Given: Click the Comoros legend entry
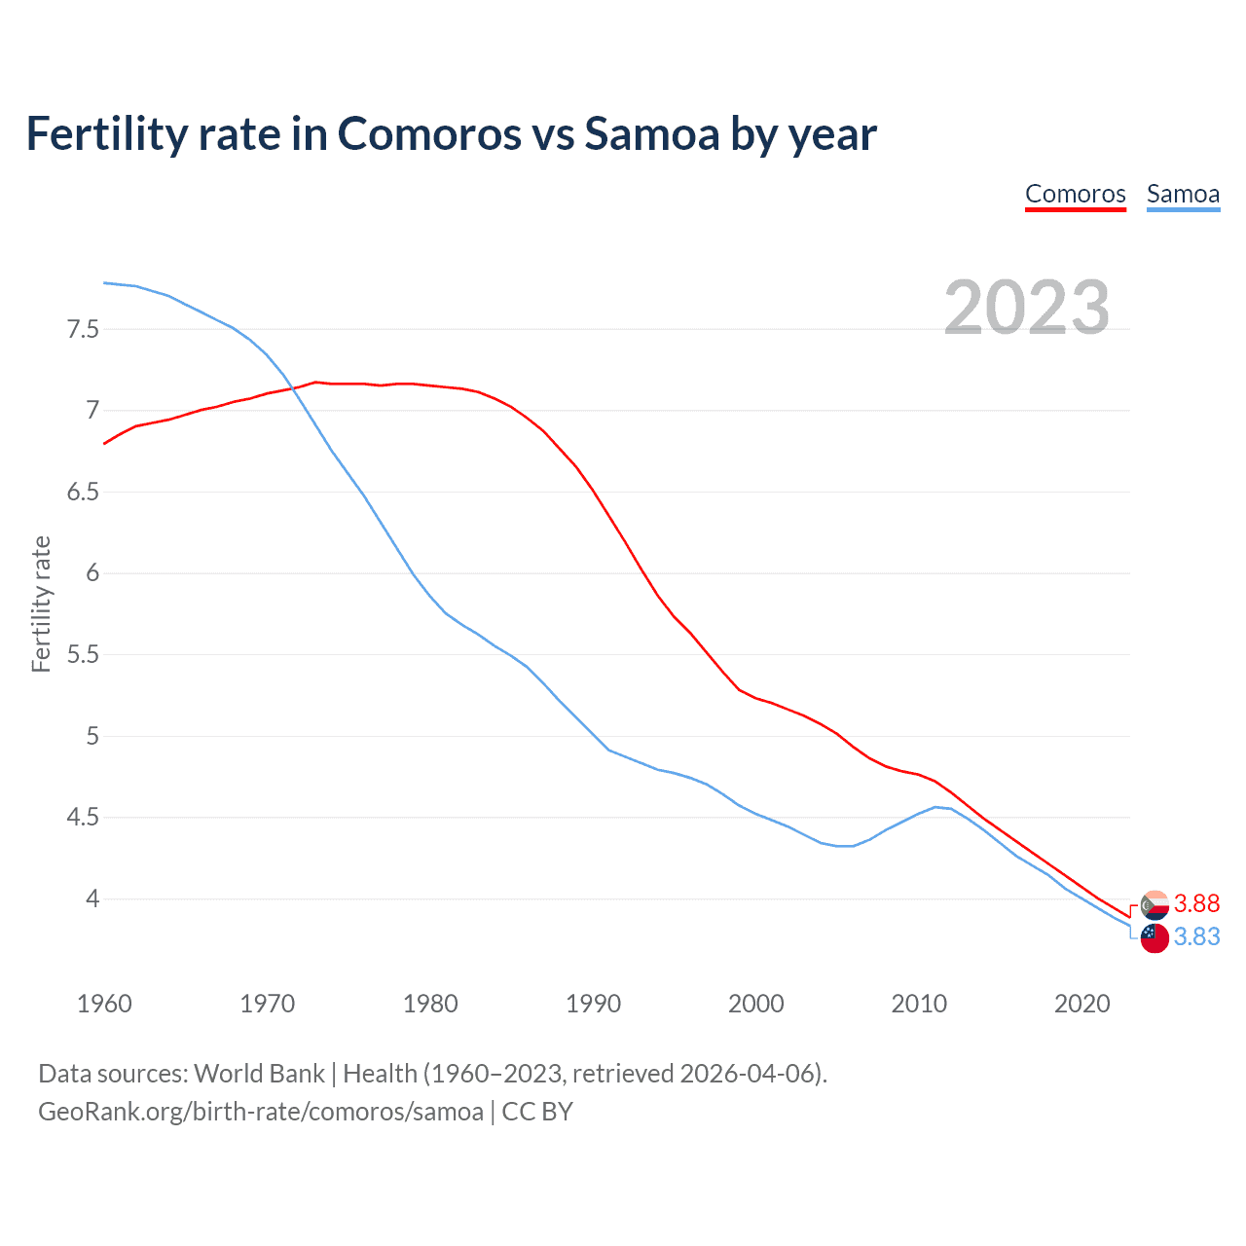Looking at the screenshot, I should click(x=1075, y=194).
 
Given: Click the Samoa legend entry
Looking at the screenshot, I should click(x=1183, y=194).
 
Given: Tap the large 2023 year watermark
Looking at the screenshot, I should click(x=1027, y=308).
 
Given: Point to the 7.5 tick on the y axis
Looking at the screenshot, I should click(x=83, y=329).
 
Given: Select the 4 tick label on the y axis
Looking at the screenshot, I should click(x=92, y=898).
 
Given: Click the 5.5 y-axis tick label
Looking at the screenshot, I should click(x=83, y=654).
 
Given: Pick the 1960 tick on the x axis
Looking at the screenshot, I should click(x=104, y=1004).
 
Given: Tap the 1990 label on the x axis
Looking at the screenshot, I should click(x=593, y=1004).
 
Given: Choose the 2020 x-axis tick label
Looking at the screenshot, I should click(x=1081, y=1004).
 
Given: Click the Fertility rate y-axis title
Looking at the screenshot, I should click(x=41, y=604).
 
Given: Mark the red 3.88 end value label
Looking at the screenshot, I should click(x=1196, y=904).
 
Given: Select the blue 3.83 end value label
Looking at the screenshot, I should click(x=1196, y=936).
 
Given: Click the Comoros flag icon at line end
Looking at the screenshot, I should click(x=1154, y=904).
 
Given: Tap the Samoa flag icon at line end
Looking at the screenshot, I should click(x=1154, y=938).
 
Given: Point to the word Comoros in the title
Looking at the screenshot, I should click(x=429, y=133).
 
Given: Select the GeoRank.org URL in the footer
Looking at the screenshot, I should click(x=260, y=1111).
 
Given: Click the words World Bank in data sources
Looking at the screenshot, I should click(x=259, y=1074).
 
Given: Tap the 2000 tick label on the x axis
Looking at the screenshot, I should click(x=755, y=1004).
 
